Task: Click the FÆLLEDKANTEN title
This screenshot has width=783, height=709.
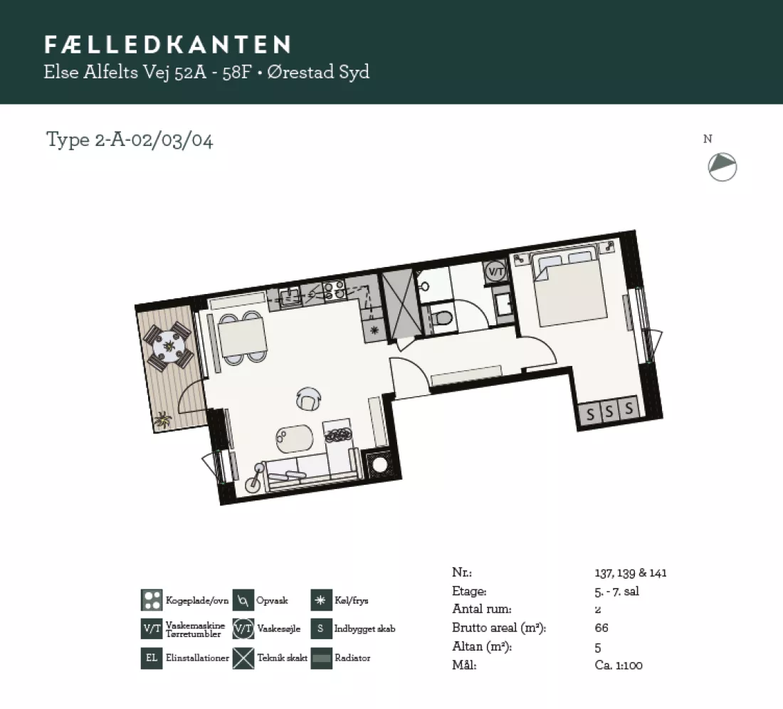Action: [x=167, y=44]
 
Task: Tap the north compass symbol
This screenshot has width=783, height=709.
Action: [x=722, y=167]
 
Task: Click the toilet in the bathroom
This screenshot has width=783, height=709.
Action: [x=441, y=317]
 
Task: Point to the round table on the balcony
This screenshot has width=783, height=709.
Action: [x=168, y=345]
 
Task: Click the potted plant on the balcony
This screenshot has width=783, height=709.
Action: [x=162, y=419]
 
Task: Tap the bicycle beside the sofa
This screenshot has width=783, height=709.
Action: [x=255, y=478]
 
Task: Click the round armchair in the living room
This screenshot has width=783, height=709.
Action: [x=309, y=399]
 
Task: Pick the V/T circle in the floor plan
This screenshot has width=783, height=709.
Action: [x=496, y=272]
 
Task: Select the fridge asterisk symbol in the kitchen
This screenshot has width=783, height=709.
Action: [x=374, y=330]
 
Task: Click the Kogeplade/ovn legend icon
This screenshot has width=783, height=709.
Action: [x=152, y=600]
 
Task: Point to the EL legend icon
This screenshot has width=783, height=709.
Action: [x=152, y=658]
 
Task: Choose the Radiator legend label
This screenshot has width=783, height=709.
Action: [x=352, y=658]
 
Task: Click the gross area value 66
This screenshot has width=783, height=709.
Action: [x=601, y=628]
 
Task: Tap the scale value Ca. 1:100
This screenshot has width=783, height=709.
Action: [x=619, y=665]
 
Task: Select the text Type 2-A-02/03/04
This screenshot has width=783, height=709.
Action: [x=130, y=140]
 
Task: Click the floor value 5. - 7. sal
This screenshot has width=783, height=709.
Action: [x=616, y=591]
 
